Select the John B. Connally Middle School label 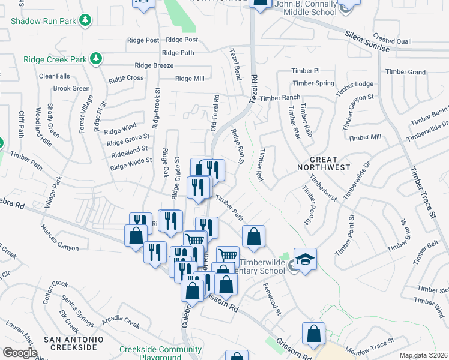coord(309,8)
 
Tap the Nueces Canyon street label coord(59,238)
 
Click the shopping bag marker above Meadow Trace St coord(313,335)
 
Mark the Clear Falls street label coord(55,76)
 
